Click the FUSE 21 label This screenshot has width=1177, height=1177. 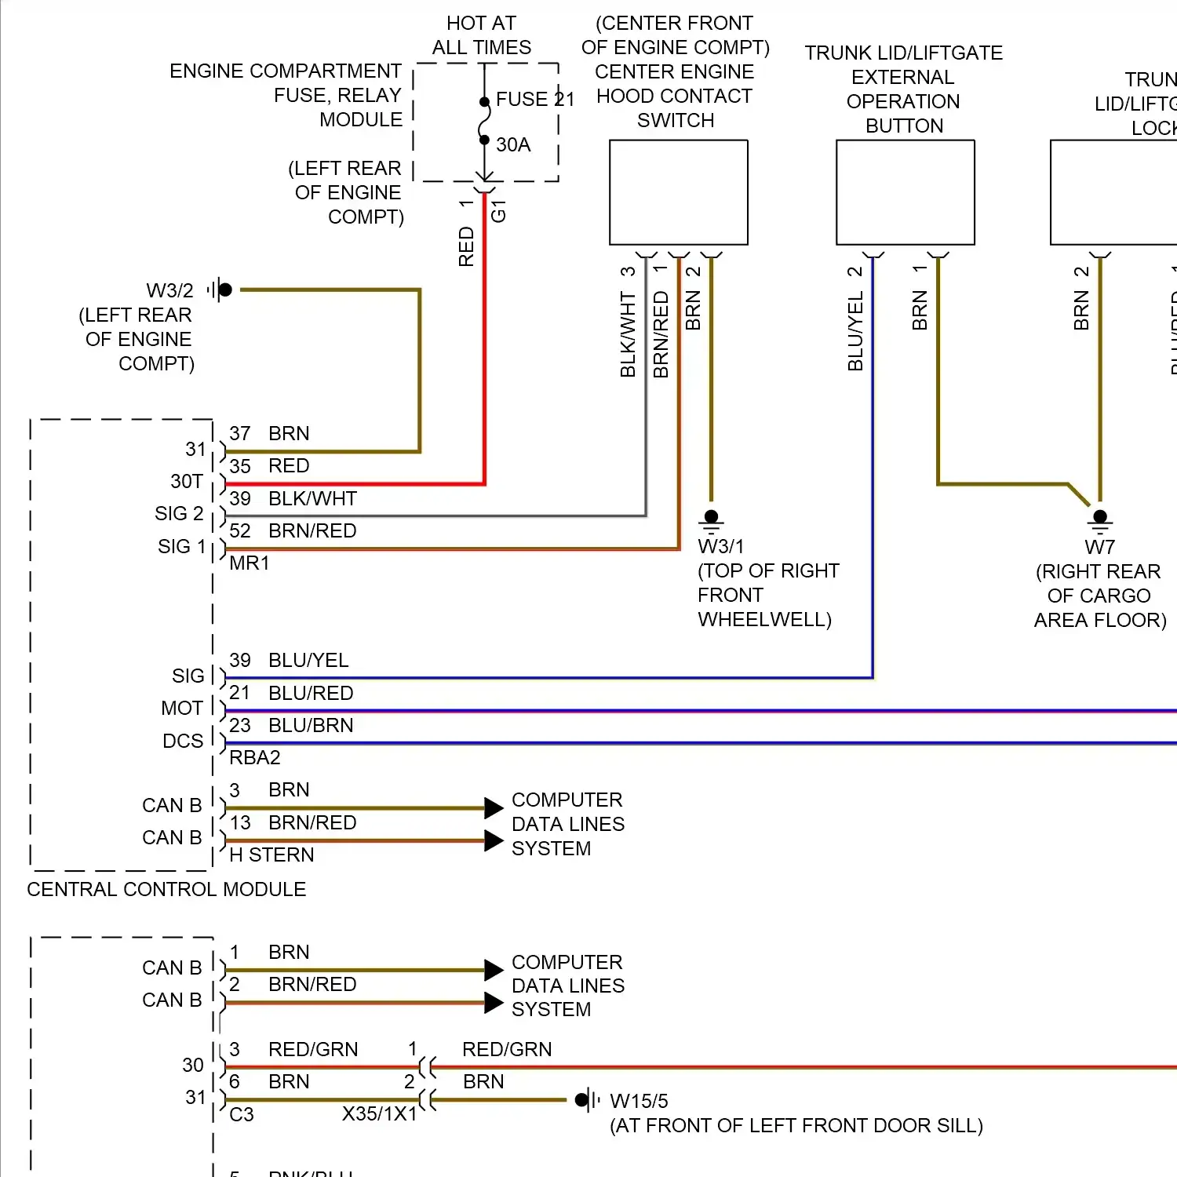534,100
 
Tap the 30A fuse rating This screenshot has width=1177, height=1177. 513,145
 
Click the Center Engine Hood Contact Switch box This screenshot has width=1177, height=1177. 678,192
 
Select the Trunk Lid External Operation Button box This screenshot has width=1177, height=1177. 905,192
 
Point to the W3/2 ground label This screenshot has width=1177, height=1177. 169,291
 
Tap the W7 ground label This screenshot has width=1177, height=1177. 1099,547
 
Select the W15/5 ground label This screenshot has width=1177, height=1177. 639,1102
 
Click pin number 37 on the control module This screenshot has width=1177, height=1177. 239,434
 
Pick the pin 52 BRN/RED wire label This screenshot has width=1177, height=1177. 312,531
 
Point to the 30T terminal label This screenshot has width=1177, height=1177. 187,481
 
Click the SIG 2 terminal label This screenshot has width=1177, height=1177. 179,514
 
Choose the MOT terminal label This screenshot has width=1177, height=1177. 182,709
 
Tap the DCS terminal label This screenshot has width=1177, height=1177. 183,742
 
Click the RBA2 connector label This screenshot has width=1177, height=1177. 254,758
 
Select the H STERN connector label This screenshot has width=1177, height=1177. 271,855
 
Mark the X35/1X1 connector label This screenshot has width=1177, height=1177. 379,1114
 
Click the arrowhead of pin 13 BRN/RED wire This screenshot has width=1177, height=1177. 494,841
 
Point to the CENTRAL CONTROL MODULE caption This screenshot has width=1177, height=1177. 166,890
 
